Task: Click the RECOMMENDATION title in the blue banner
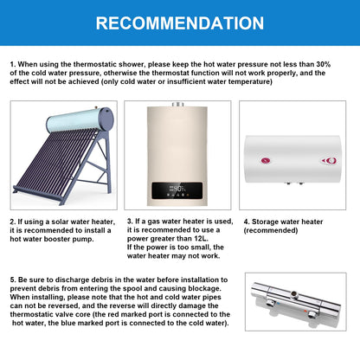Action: click(x=180, y=23)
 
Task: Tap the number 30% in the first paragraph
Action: click(x=324, y=64)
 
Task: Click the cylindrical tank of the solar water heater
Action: click(x=80, y=119)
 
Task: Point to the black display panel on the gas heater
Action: click(x=177, y=190)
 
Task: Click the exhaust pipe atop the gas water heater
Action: click(x=177, y=104)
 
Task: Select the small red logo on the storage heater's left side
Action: click(x=266, y=160)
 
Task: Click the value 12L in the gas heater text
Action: click(x=201, y=239)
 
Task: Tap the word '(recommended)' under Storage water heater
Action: click(x=271, y=230)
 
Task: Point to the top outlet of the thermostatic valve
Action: click(x=293, y=294)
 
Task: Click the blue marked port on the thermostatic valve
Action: click(x=272, y=303)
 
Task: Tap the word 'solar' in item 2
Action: click(x=60, y=222)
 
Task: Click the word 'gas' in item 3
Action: click(x=154, y=222)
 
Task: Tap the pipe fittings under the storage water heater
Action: click(x=294, y=183)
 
